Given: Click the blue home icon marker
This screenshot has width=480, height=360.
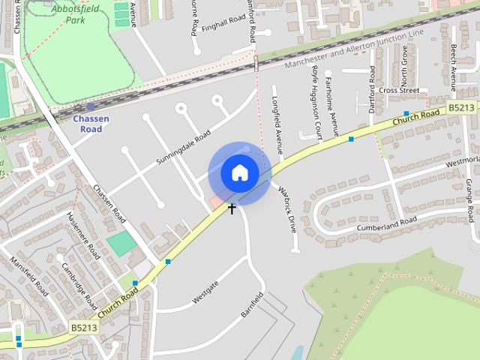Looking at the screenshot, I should coord(239,173).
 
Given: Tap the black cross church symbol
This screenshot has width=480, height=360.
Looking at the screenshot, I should coord(232,208).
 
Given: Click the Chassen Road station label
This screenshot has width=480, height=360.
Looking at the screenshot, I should coord(91,124).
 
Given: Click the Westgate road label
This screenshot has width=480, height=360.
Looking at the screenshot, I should coord(205,292).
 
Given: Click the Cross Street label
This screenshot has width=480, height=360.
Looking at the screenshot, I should coord(399,90).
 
